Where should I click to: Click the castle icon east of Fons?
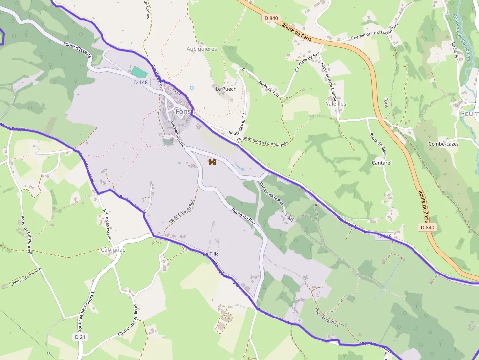[212, 162]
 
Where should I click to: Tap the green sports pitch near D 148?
[139, 72]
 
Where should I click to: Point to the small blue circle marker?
[192, 88]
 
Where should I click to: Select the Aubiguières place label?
[201, 49]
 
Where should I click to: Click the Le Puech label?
[226, 89]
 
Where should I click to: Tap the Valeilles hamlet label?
[336, 104]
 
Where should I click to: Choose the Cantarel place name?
[381, 163]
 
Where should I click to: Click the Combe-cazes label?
[443, 144]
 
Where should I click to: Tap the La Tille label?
[211, 254]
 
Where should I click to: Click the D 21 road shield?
[81, 337]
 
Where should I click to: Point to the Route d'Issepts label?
[77, 49]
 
